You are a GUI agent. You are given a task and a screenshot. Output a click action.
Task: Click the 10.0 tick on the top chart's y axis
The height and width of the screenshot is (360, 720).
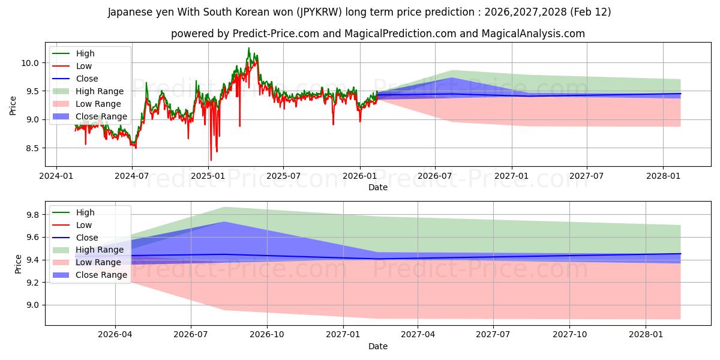[31, 63]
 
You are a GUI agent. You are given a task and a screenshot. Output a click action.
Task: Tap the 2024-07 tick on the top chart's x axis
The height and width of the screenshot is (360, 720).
[132, 176]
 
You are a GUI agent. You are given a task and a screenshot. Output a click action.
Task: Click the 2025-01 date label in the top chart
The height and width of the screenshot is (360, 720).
[208, 176]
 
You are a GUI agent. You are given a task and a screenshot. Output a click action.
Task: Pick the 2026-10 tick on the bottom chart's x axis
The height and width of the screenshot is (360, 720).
[266, 335]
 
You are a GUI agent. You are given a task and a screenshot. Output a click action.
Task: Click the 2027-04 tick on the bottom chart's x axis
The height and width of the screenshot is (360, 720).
[418, 335]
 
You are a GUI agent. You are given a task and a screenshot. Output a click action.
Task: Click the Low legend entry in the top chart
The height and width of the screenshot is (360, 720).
[84, 66]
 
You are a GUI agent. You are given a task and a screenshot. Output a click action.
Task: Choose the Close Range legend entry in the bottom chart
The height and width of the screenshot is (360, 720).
[101, 275]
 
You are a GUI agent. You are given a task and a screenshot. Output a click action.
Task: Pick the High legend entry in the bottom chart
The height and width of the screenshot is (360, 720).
[85, 212]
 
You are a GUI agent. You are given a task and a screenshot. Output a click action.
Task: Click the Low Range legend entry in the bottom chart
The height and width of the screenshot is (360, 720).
[100, 262]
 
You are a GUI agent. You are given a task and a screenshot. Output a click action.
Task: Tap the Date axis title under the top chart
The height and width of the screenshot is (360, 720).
[378, 187]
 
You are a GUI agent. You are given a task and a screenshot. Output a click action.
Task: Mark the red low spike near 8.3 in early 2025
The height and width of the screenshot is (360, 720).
[211, 159]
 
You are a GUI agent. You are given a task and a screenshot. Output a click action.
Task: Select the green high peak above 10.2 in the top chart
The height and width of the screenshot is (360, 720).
[248, 49]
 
